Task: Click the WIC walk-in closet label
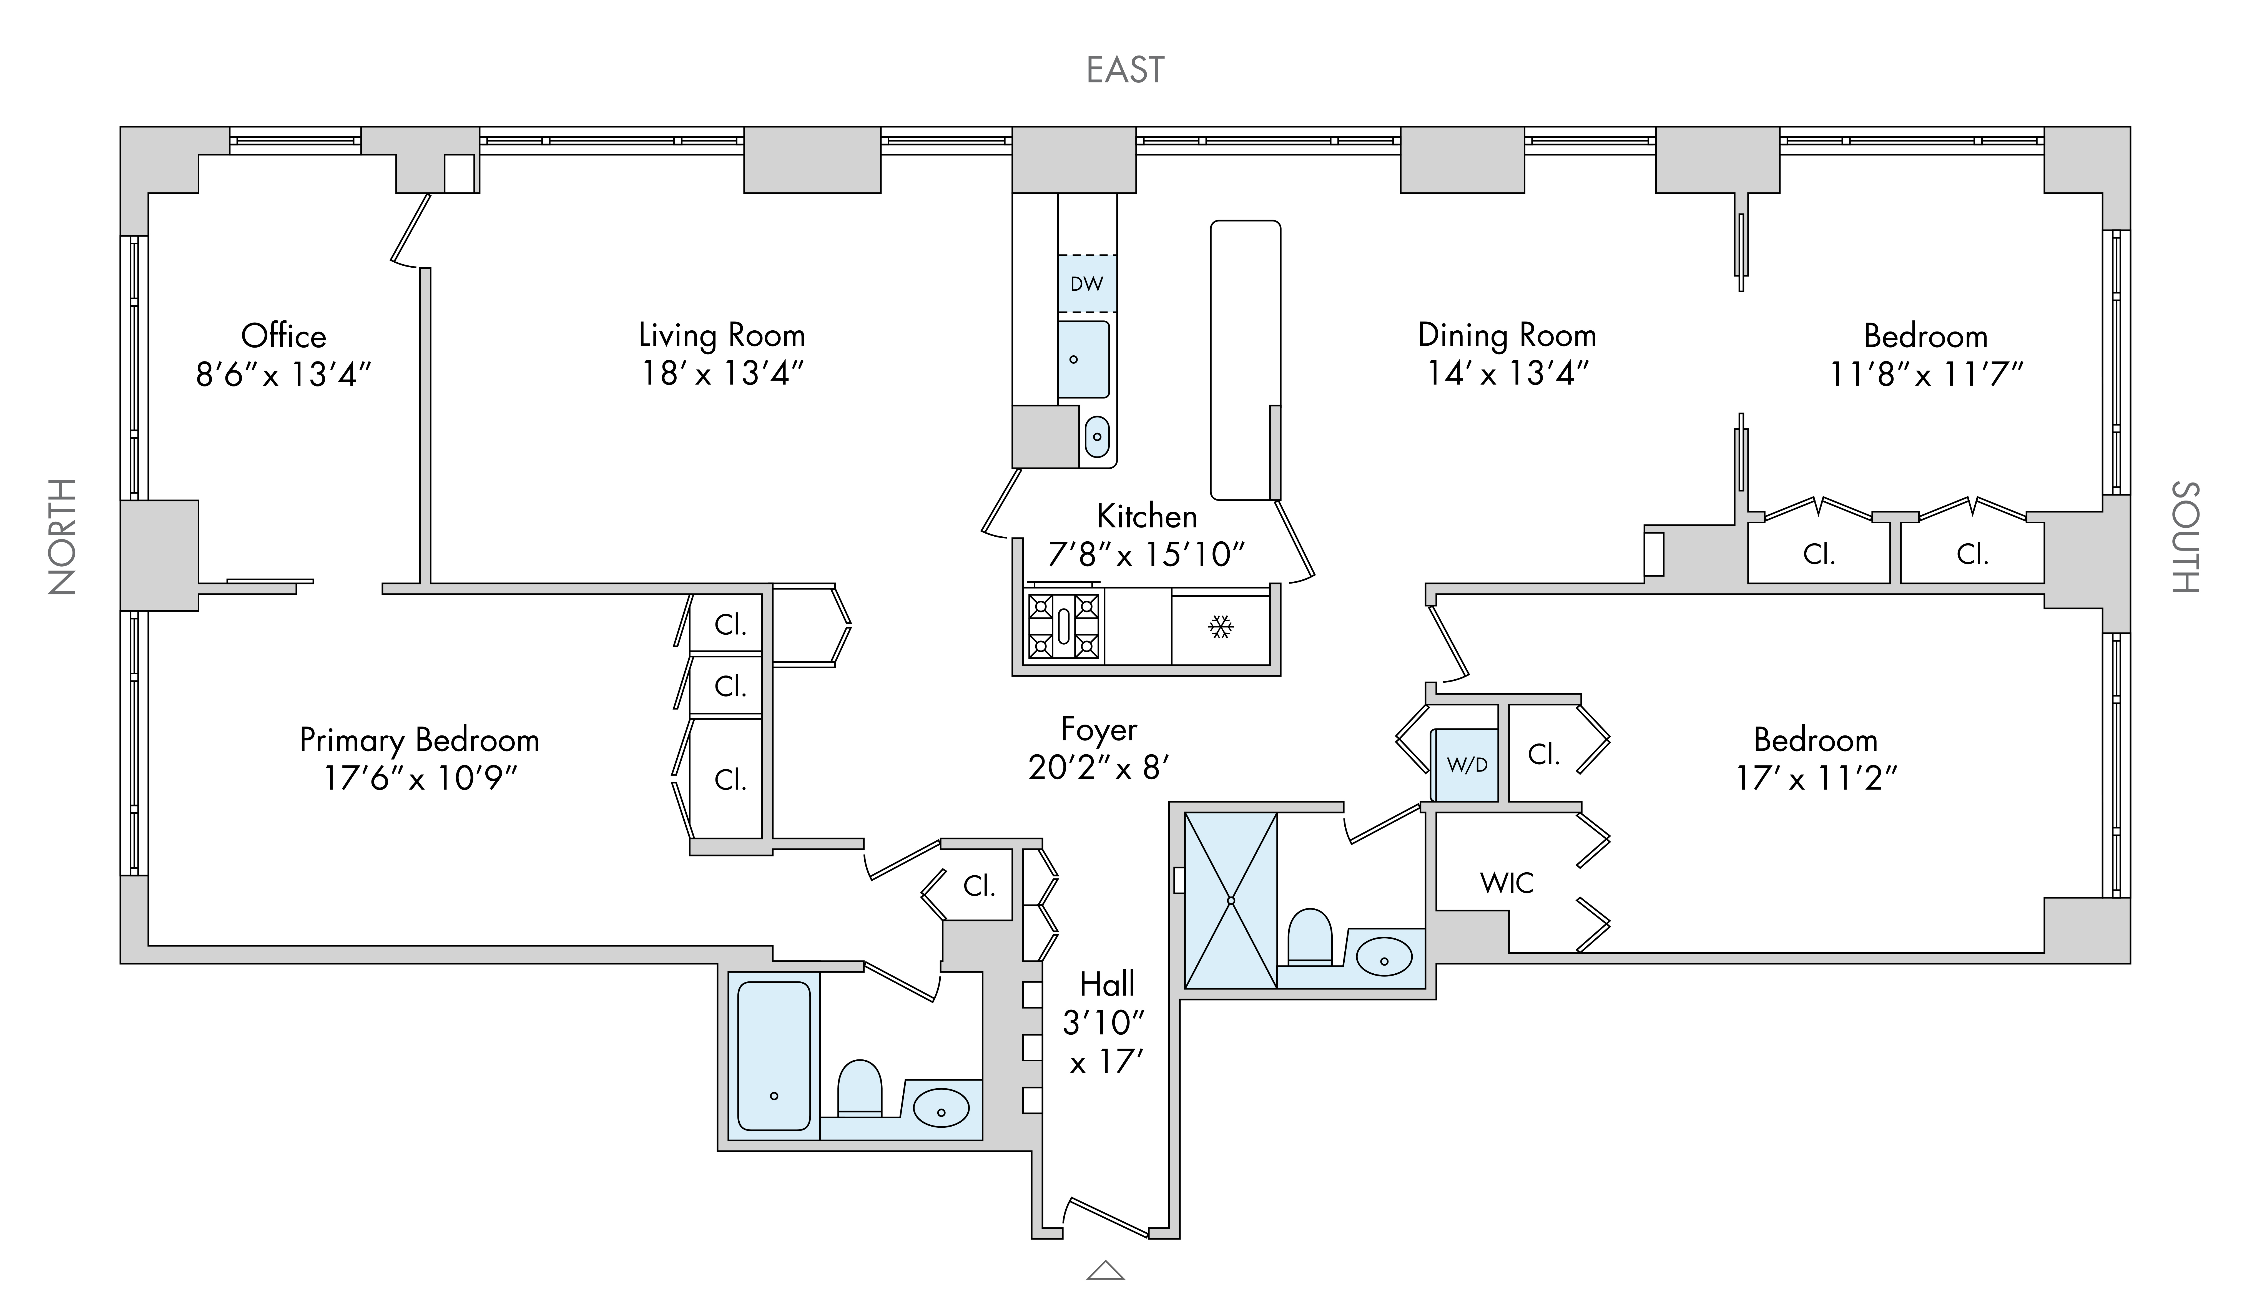click(x=1506, y=883)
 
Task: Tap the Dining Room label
click(x=1506, y=335)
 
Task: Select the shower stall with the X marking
click(x=1231, y=900)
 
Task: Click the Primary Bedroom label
click(x=419, y=740)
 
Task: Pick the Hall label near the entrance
click(x=1107, y=984)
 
